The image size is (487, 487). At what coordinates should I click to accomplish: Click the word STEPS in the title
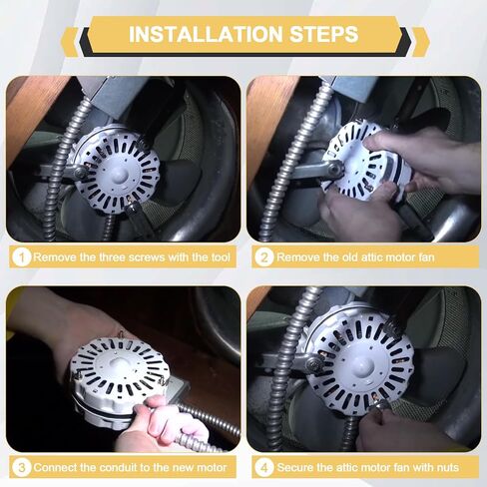tap(323, 34)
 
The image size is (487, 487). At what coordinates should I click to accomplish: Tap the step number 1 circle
tap(22, 256)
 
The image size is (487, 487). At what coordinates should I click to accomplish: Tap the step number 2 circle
tap(264, 256)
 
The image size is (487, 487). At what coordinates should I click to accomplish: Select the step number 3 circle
tap(22, 467)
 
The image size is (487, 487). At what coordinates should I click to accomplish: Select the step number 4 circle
tap(264, 467)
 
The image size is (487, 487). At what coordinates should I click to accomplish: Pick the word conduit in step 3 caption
tap(119, 467)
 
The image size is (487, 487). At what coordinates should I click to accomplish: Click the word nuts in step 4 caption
tap(447, 468)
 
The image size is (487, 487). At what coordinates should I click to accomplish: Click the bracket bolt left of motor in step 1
tap(80, 172)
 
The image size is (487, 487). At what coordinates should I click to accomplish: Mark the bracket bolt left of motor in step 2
tap(334, 168)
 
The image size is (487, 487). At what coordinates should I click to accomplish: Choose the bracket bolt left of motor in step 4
tap(313, 363)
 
